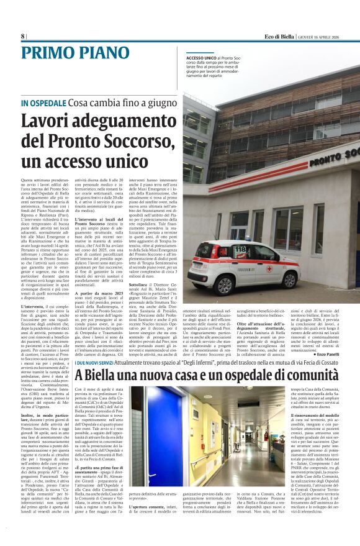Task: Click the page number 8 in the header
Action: [23, 36]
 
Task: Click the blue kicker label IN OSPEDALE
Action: [42, 102]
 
